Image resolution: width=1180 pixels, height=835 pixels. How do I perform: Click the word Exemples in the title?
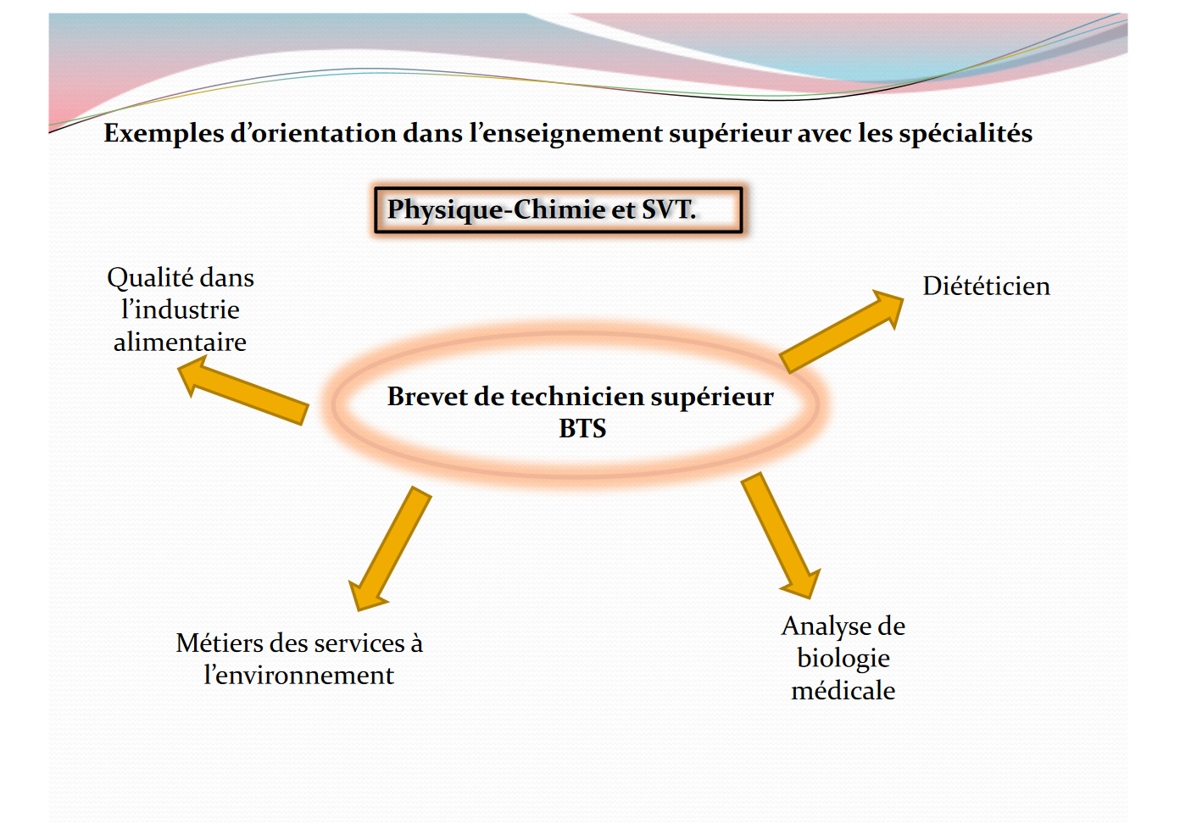click(164, 134)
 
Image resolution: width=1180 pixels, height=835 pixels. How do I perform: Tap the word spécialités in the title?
click(966, 134)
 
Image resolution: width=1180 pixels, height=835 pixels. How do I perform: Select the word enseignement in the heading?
click(572, 134)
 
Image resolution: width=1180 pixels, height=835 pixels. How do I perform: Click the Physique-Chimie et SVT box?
click(559, 209)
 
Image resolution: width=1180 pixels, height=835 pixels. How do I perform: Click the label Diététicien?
click(986, 286)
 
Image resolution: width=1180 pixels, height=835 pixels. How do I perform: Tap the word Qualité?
click(149, 278)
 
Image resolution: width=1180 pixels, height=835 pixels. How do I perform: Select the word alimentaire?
click(181, 342)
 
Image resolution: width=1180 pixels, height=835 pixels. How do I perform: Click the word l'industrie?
click(181, 309)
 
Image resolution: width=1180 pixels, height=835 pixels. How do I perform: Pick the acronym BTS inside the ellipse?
click(582, 428)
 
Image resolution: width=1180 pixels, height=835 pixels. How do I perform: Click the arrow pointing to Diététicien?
click(841, 331)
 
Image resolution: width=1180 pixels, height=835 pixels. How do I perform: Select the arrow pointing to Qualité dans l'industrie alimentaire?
click(242, 390)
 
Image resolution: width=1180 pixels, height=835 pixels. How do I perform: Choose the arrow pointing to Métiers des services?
click(390, 549)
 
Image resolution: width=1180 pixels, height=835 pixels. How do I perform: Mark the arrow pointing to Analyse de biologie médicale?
click(781, 536)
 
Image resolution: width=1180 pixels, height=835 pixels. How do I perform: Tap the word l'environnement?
click(298, 676)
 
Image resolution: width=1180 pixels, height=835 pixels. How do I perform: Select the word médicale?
click(843, 691)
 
